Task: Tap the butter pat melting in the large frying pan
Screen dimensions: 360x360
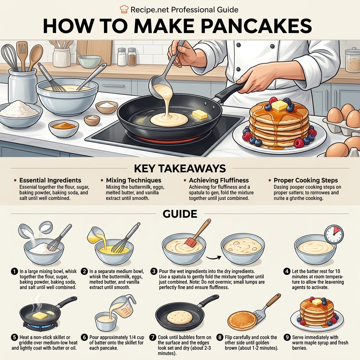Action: coord(199,114)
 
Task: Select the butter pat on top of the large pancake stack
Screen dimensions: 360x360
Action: coord(279,105)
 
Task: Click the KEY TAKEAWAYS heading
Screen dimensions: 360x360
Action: coord(180,168)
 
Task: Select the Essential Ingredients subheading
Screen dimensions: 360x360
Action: coord(50,180)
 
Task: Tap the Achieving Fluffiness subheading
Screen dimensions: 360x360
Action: coord(219,180)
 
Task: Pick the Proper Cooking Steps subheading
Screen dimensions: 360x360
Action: coord(306,180)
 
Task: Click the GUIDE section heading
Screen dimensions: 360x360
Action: coord(180,214)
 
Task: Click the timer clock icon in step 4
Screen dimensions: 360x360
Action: coord(334,234)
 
